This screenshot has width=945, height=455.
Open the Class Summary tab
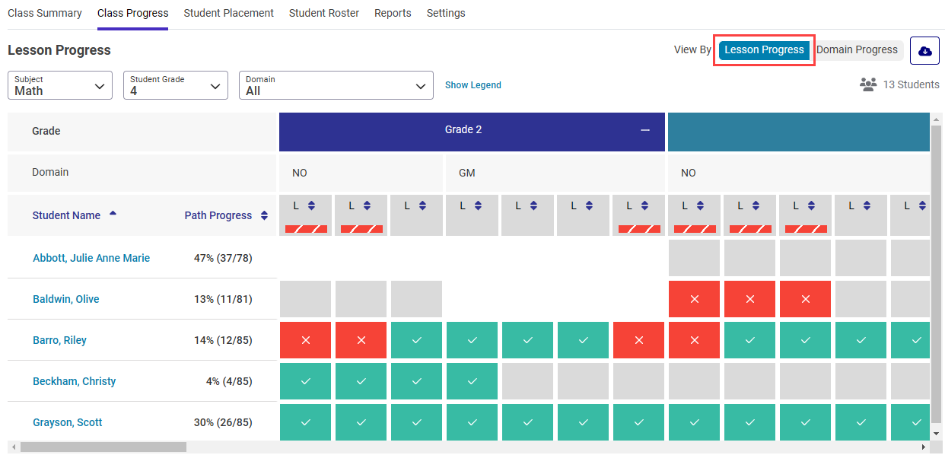click(45, 13)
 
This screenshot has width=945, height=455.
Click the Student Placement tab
click(228, 13)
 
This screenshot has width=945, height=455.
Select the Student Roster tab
click(324, 13)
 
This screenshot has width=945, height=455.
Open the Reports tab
click(393, 13)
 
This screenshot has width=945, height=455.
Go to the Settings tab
click(446, 13)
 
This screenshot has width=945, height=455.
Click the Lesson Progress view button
click(764, 50)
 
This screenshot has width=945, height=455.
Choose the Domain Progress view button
click(857, 50)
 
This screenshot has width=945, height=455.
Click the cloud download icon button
click(924, 51)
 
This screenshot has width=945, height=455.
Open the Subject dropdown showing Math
click(60, 85)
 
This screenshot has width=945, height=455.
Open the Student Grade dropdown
click(176, 85)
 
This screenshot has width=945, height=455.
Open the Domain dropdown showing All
click(336, 85)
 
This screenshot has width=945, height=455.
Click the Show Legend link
click(473, 85)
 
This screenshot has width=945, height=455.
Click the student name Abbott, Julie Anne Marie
click(91, 258)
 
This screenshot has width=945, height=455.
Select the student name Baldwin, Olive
click(66, 299)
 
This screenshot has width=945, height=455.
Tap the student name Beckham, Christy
click(75, 381)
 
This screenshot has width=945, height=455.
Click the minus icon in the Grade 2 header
click(645, 130)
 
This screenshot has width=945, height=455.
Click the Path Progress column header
click(218, 215)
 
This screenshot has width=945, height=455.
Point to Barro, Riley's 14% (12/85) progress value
click(223, 340)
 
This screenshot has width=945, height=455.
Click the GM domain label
click(466, 173)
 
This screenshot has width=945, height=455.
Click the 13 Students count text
click(911, 84)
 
